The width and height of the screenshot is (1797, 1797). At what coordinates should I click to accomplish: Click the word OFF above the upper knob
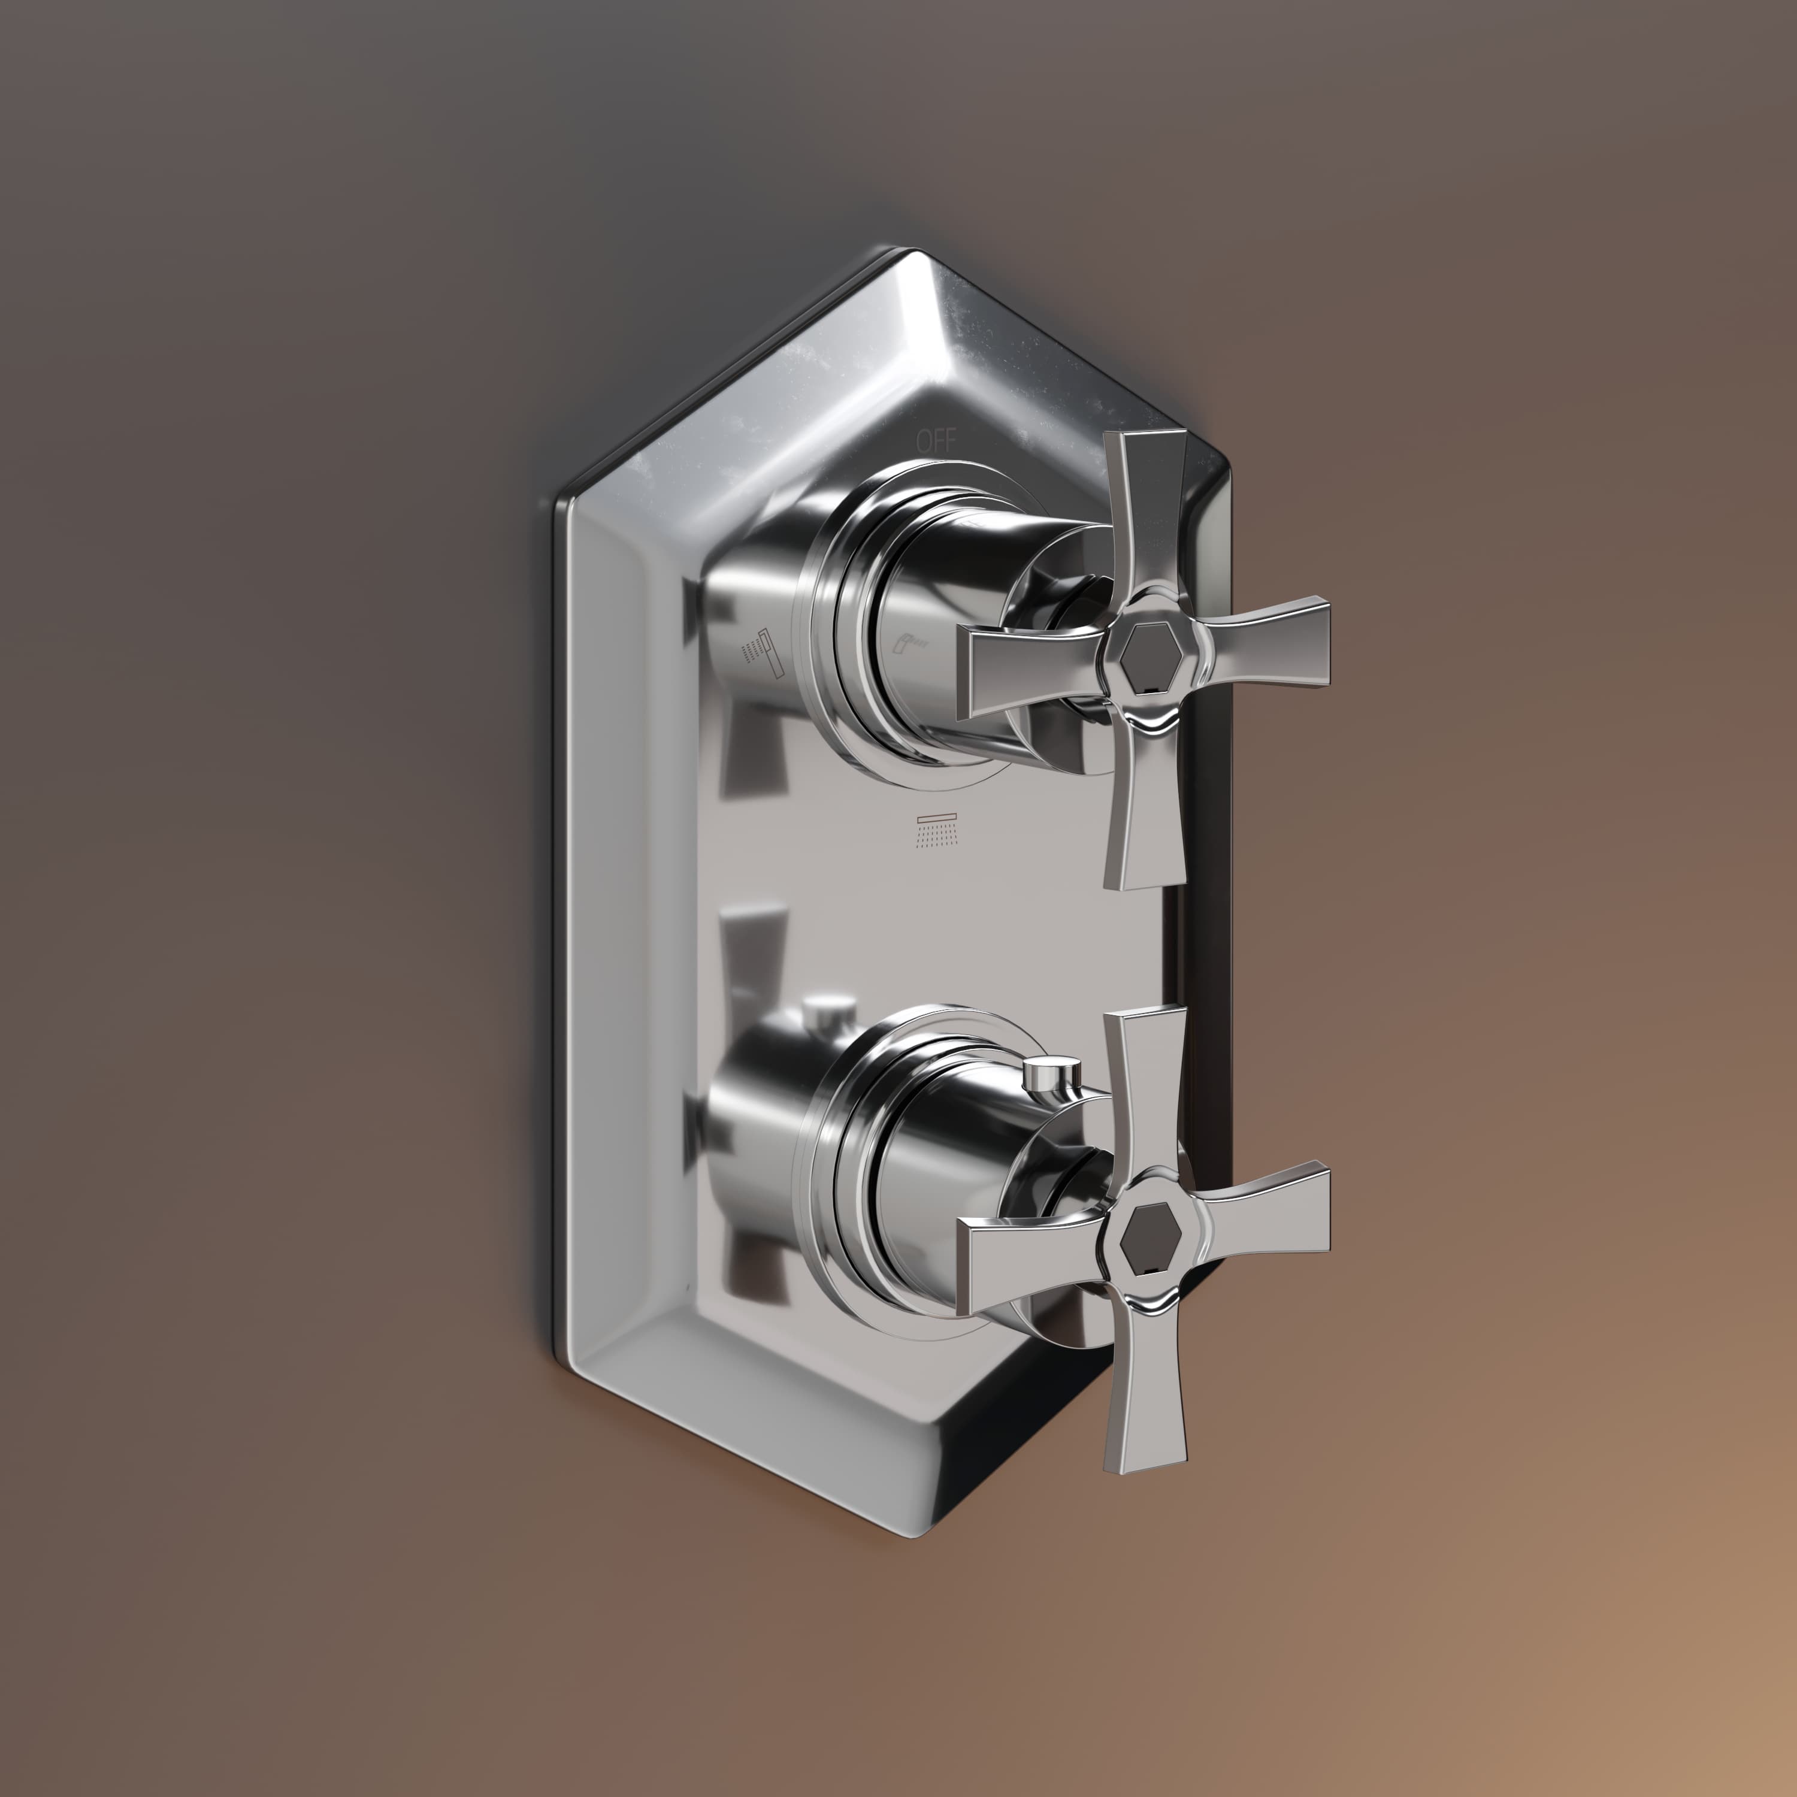(x=936, y=441)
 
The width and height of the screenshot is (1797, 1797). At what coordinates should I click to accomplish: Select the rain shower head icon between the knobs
(x=936, y=831)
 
